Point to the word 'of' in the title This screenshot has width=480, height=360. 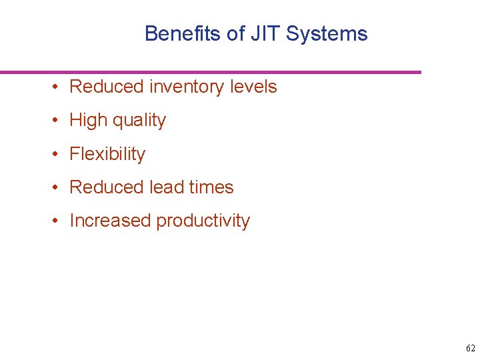point(236,34)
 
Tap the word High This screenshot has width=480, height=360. point(88,121)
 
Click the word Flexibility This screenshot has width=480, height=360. point(107,154)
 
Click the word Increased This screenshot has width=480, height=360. point(110,221)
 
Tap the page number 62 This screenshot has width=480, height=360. point(471,349)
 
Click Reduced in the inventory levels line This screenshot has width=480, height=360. point(107,87)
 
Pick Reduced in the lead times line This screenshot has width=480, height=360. point(107,187)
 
